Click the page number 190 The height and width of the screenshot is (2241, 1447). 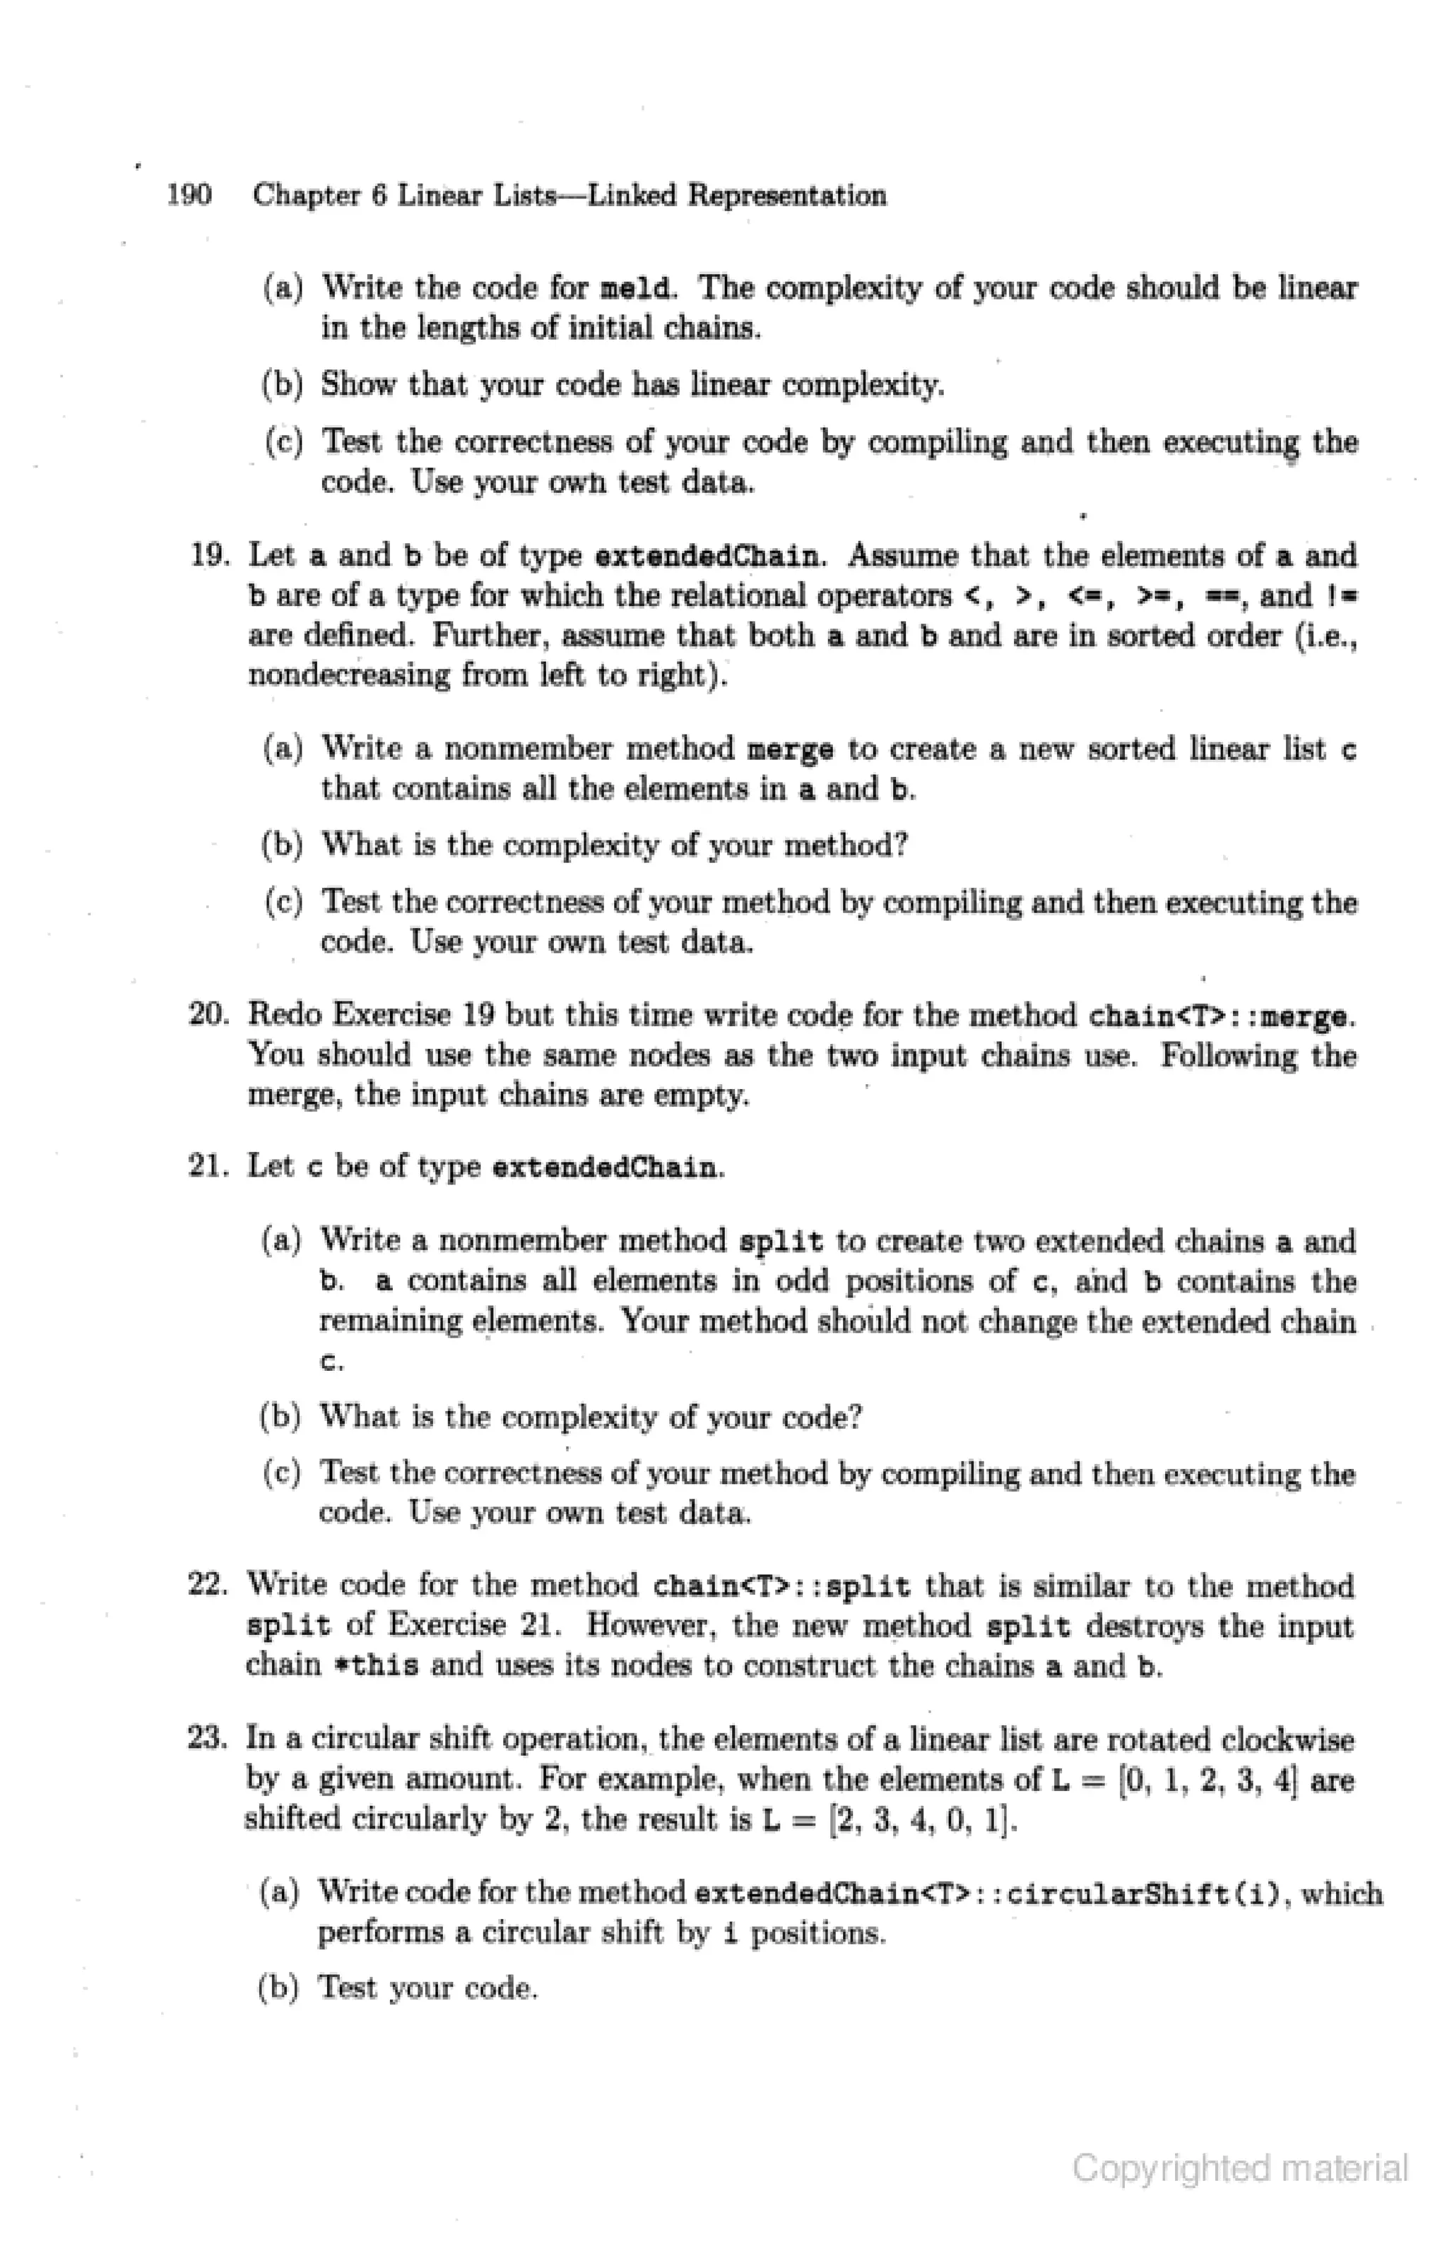coord(189,196)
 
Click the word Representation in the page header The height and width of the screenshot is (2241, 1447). coord(786,196)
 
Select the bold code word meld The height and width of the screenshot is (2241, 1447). coord(637,287)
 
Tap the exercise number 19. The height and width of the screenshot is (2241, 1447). coord(210,555)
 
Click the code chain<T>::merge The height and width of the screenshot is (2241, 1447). coord(1221,1016)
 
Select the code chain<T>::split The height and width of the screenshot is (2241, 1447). coord(781,1587)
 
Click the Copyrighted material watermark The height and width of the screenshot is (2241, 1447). coord(1239,2168)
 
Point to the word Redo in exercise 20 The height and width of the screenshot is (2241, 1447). coord(285,1016)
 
